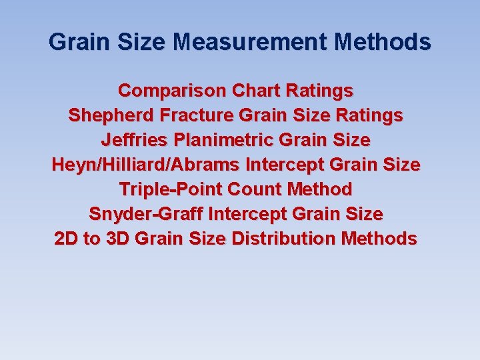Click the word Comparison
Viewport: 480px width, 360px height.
point(172,90)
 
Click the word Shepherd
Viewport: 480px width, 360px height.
point(111,115)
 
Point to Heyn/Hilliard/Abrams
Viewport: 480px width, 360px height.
point(147,165)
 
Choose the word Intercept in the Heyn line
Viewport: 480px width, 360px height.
point(287,165)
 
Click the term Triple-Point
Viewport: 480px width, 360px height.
point(171,189)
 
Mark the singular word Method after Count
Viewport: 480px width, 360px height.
point(319,189)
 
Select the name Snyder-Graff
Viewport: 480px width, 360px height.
point(146,214)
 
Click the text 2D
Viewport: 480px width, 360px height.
point(66,239)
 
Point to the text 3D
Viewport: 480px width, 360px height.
point(116,239)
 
